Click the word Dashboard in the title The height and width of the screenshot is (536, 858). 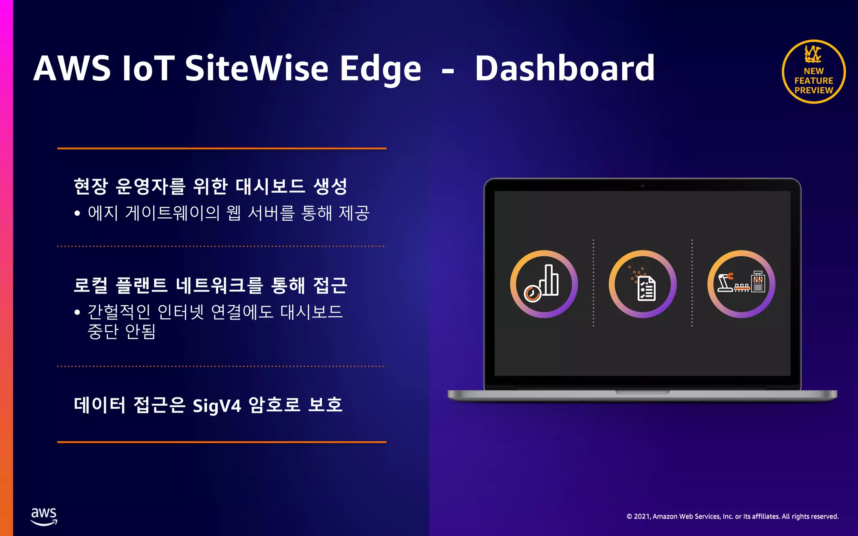pos(564,68)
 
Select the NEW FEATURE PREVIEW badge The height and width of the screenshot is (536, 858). pos(814,72)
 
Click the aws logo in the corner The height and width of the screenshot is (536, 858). pos(44,516)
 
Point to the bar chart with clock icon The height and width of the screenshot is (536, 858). pos(544,284)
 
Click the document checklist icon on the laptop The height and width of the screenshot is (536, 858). pos(643,284)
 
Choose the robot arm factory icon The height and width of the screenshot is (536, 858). pos(741,284)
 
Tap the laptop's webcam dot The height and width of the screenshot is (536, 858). pos(643,185)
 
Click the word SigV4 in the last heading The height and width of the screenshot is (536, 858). pos(217,406)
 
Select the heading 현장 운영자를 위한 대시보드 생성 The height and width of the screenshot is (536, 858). pos(210,186)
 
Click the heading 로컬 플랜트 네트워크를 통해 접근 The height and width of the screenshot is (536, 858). pos(210,286)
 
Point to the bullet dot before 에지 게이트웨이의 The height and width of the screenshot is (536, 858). pos(77,214)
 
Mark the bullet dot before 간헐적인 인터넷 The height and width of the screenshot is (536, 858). pos(77,312)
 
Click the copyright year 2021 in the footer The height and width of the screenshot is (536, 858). pos(641,517)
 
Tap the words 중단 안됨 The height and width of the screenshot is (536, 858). pos(121,332)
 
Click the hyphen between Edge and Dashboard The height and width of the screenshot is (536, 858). pos(448,71)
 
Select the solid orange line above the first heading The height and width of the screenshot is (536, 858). pos(222,148)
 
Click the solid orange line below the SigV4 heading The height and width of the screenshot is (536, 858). pos(222,442)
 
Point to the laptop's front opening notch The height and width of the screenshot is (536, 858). pos(642,392)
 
